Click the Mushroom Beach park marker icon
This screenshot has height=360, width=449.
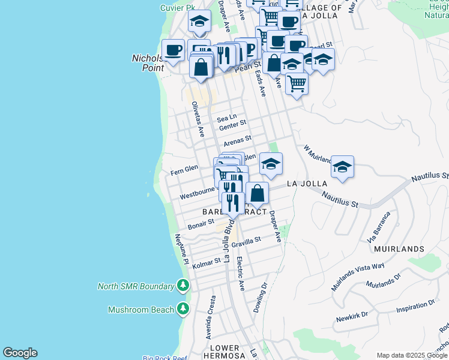(x=183, y=310)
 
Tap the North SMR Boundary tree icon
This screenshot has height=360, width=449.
(x=183, y=286)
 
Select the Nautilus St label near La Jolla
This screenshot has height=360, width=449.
(x=339, y=199)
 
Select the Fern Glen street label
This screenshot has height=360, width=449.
(x=184, y=170)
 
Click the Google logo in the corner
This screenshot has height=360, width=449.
(x=20, y=353)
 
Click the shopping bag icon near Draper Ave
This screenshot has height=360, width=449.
(x=257, y=193)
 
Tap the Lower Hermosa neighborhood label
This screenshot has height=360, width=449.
(x=224, y=352)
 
